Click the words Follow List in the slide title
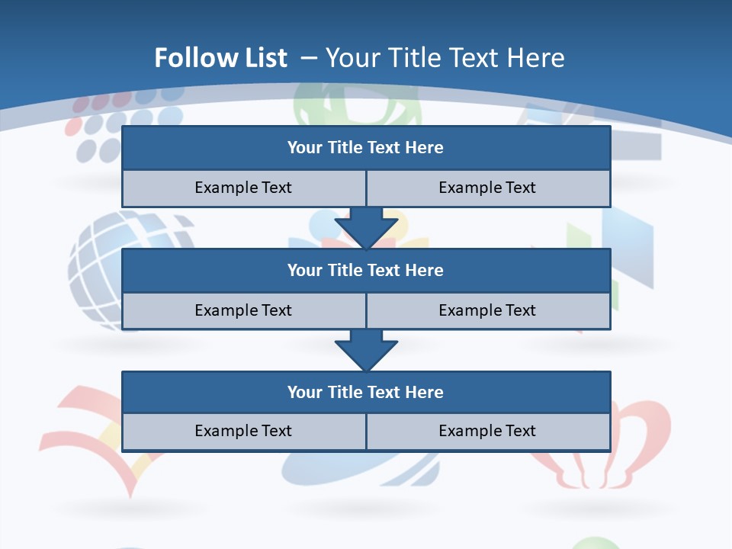tap(221, 58)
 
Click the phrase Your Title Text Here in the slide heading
tap(445, 58)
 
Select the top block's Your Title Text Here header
tap(365, 148)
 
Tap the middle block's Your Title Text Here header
tap(365, 270)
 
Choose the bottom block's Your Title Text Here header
tap(365, 392)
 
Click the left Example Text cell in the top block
tap(243, 188)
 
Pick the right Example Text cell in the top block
tap(487, 188)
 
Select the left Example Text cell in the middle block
tap(243, 310)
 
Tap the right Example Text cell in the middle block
tap(487, 310)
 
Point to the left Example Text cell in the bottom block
tap(243, 431)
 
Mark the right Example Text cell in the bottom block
tap(487, 431)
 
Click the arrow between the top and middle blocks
tap(366, 227)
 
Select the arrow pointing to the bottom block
tap(366, 350)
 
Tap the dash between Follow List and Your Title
tap(309, 58)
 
